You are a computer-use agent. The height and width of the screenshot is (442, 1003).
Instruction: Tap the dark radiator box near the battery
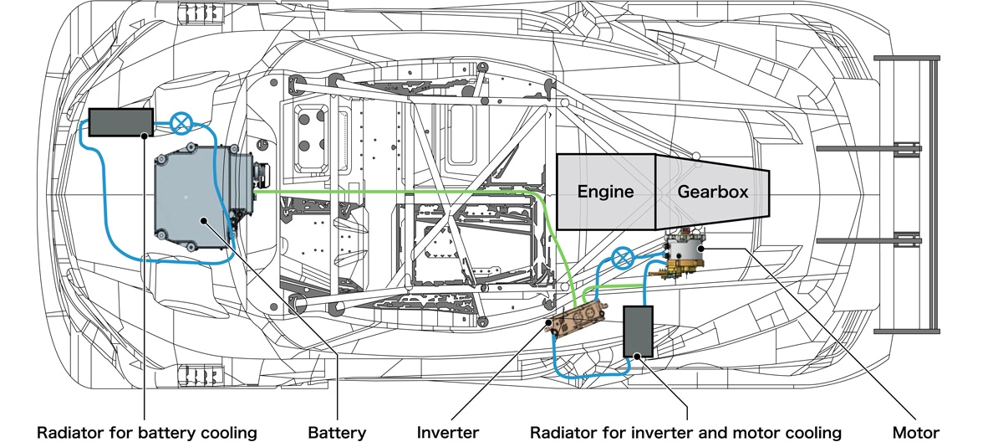point(120,121)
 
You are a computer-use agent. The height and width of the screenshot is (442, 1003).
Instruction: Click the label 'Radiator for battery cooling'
point(146,432)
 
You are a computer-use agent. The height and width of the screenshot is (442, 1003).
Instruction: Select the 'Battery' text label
point(337,432)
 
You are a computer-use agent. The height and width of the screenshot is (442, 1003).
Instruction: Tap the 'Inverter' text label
point(448,432)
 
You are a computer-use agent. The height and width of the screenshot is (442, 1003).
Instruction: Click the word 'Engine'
point(605,191)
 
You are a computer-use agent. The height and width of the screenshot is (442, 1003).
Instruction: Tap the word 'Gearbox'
point(712,191)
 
